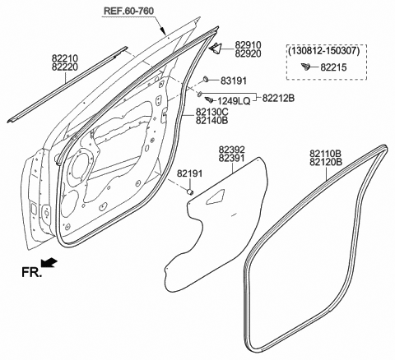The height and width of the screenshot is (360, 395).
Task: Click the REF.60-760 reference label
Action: point(132,12)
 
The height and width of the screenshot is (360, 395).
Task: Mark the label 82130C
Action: point(212,111)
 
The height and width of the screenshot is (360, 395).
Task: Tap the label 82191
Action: point(188,174)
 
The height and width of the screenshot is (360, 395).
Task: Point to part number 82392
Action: point(233,151)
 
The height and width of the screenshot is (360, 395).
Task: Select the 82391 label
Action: point(233,159)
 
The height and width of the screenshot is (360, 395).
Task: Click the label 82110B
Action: point(326,154)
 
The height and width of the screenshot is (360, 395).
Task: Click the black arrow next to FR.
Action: point(49,264)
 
